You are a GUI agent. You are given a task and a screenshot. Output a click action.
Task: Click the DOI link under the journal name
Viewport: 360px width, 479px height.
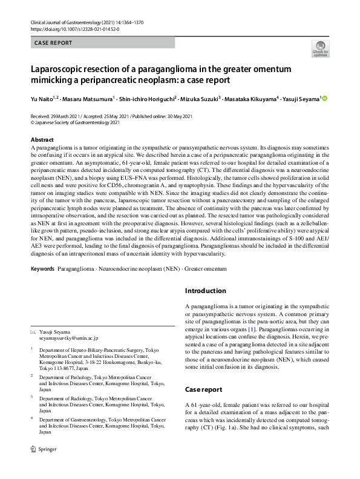click(74, 28)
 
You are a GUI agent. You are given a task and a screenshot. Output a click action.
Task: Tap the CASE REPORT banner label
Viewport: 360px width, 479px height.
click(54, 43)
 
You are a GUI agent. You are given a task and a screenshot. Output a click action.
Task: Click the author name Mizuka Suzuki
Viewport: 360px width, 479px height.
click(200, 99)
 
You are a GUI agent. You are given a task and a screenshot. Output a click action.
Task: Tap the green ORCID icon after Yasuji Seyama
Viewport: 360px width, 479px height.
click(324, 98)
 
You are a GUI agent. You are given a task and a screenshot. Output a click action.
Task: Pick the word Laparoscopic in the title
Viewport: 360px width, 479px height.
click(59, 68)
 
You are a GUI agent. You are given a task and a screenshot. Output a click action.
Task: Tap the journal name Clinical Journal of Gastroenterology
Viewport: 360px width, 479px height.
click(72, 22)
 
